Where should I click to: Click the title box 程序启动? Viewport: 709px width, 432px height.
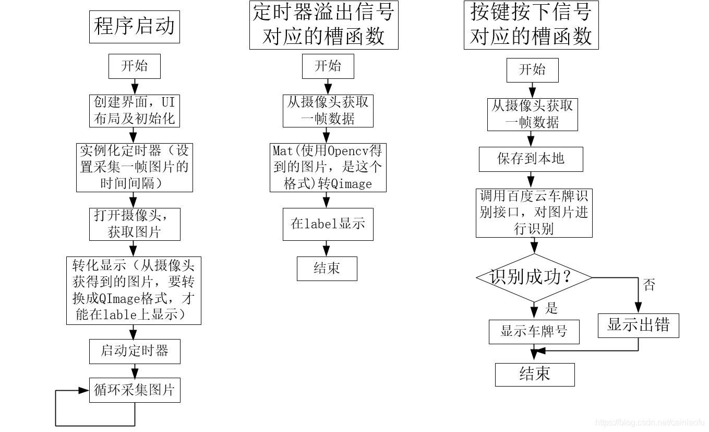[135, 27]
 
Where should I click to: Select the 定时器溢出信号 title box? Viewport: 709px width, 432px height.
[323, 25]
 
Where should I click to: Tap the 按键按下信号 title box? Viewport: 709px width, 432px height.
[531, 25]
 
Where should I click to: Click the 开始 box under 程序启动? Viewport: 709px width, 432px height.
[135, 66]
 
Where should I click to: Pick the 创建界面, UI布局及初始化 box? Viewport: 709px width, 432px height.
[135, 110]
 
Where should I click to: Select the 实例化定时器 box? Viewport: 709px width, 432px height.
[135, 167]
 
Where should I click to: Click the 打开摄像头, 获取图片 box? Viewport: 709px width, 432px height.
[135, 224]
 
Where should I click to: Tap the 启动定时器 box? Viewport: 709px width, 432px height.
[135, 351]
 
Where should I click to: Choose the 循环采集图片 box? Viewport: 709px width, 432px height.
[135, 390]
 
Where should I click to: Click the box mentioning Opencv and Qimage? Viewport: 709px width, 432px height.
[328, 167]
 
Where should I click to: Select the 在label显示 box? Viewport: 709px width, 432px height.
[328, 224]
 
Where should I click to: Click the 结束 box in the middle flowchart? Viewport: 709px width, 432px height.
[327, 268]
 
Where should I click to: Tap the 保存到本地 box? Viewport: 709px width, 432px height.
[531, 159]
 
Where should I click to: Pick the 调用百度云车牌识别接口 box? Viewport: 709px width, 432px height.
[534, 213]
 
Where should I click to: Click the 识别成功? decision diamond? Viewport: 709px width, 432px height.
[534, 277]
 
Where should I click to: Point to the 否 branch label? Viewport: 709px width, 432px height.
[649, 285]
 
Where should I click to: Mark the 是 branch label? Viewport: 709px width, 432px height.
[551, 309]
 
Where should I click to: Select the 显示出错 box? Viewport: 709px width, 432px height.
[638, 325]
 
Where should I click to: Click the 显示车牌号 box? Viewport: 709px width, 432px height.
[534, 332]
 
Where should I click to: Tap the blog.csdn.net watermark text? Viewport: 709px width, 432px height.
[650, 422]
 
